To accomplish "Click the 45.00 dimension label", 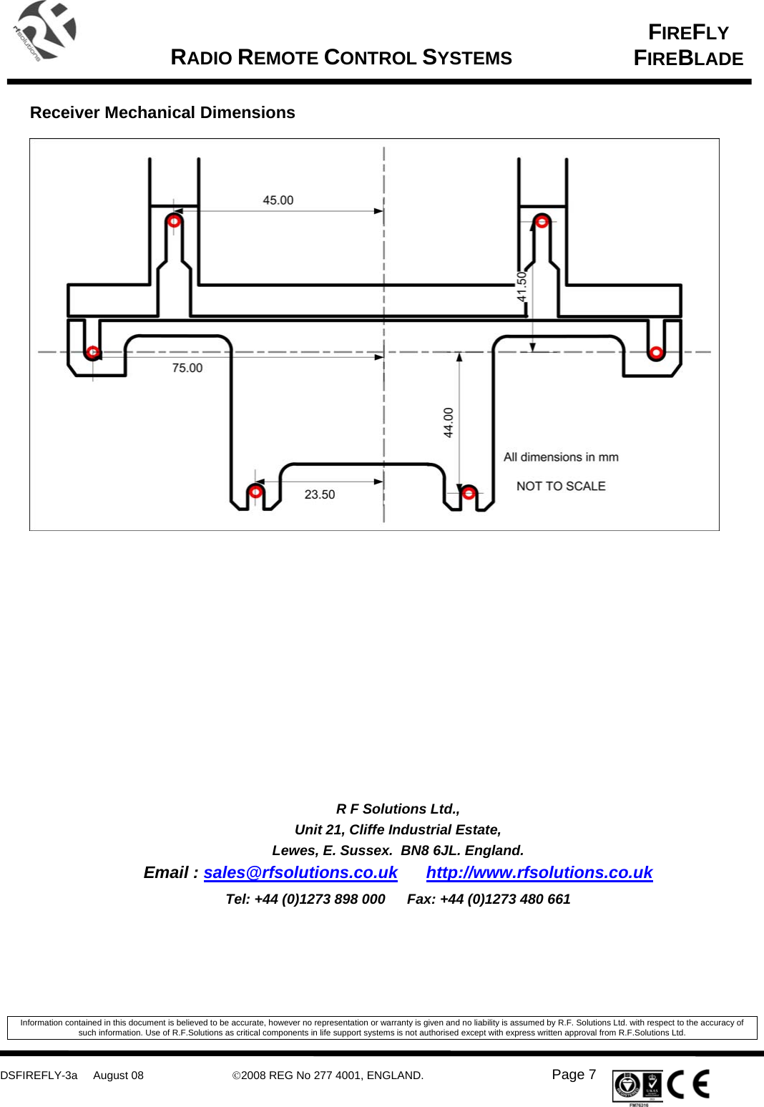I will [x=278, y=200].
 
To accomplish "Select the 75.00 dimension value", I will [x=187, y=368].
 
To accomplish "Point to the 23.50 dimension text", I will [x=319, y=494].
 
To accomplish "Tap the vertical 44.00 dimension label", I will [x=449, y=422].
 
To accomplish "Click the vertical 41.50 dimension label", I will [x=522, y=286].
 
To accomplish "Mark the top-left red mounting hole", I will [x=174, y=221].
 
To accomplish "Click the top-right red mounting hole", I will [x=542, y=222].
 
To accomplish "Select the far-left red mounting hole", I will [x=92, y=352].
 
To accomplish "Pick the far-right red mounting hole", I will [x=655, y=352].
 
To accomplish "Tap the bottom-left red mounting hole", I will [x=255, y=492].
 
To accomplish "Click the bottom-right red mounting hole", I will [x=469, y=493].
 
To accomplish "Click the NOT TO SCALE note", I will [x=561, y=486].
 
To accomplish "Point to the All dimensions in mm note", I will [x=561, y=457].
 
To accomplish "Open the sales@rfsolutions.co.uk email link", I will [x=300, y=872].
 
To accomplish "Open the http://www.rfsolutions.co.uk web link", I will [x=539, y=872].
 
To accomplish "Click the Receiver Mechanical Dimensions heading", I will [x=162, y=112].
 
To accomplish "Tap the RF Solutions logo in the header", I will [x=44, y=31].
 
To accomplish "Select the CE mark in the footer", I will [x=688, y=1084].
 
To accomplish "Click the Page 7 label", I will [x=574, y=1074].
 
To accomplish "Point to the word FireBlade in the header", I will [x=688, y=59].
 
